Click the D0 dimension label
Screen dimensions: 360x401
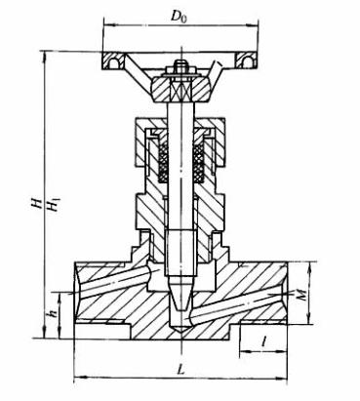tap(180, 18)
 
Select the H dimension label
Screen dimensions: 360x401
tap(39, 203)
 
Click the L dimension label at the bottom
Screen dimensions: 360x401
tap(180, 370)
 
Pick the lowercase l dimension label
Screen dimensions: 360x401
tap(265, 341)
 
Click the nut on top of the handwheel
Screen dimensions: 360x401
tap(180, 67)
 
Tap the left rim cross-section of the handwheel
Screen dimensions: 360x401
tap(113, 60)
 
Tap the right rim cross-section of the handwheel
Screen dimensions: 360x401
tap(246, 60)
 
